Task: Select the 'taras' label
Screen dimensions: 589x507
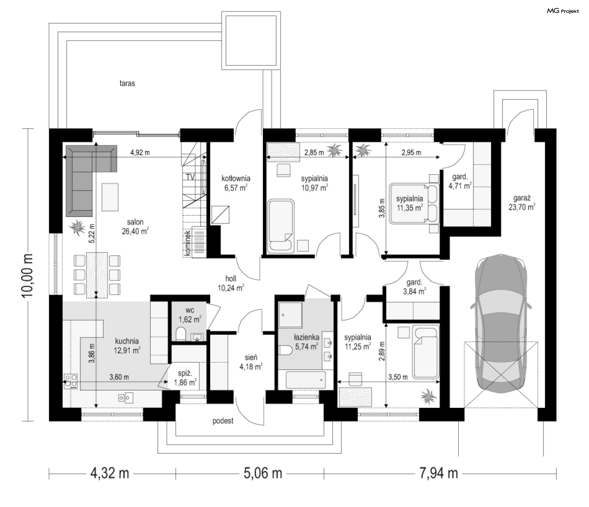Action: pos(127,83)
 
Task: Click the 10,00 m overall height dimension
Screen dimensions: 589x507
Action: pos(28,275)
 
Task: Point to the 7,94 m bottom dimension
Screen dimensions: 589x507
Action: pos(439,473)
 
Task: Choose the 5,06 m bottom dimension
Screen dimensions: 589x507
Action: pos(263,473)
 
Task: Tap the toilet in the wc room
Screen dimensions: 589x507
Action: pos(181,334)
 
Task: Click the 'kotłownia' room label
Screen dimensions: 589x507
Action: pos(236,178)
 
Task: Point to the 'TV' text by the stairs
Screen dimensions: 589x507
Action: pos(190,177)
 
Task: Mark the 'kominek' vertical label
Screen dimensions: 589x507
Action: pos(188,244)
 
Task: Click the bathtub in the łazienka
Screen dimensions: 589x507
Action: pos(306,380)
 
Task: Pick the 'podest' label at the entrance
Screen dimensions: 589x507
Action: pos(223,421)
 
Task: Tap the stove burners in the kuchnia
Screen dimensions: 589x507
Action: pos(71,381)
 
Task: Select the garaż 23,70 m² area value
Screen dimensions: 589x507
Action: pos(522,207)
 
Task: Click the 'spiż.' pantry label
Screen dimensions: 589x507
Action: pos(185,373)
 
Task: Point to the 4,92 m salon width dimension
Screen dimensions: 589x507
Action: pos(140,152)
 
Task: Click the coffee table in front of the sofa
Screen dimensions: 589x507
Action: pos(110,197)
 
